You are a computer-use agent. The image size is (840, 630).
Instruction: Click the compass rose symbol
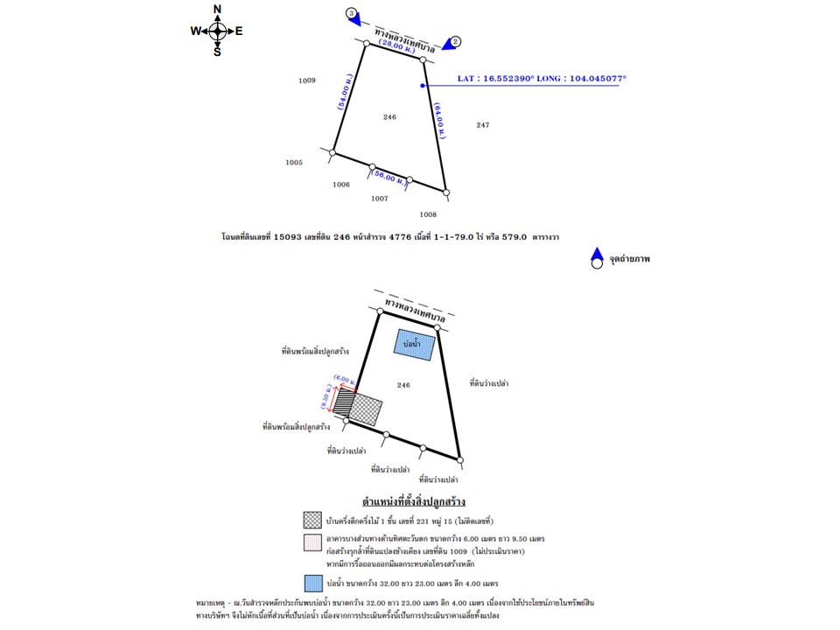pyautogui.click(x=217, y=31)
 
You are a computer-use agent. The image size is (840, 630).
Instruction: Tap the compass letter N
pyautogui.click(x=217, y=10)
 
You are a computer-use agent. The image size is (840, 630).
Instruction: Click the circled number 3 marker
pyautogui.click(x=352, y=13)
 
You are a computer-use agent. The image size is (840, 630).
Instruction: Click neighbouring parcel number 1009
pyautogui.click(x=306, y=80)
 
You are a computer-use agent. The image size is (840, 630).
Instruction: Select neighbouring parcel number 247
pyautogui.click(x=482, y=125)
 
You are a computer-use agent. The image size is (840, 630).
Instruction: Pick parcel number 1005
pyautogui.click(x=294, y=162)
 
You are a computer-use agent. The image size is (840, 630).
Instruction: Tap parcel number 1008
pyautogui.click(x=428, y=213)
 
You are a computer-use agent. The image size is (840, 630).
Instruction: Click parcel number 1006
pyautogui.click(x=341, y=185)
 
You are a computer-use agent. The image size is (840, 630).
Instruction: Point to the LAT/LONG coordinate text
pyautogui.click(x=542, y=79)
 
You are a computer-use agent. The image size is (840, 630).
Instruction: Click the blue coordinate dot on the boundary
pyautogui.click(x=423, y=86)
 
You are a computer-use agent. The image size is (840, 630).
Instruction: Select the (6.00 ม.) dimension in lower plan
pyautogui.click(x=345, y=381)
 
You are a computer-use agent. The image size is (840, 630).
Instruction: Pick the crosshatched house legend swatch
pyautogui.click(x=312, y=521)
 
